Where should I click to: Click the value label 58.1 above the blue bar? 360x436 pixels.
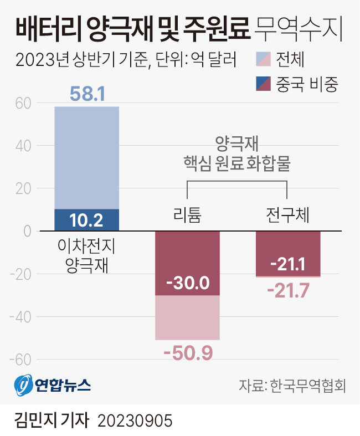point(87,94)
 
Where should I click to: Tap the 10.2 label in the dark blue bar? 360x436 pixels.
point(86,220)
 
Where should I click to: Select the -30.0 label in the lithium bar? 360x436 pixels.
point(187,283)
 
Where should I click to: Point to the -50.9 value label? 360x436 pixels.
point(187,352)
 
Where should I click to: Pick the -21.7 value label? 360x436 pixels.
point(288,289)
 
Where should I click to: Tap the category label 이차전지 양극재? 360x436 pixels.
point(86,254)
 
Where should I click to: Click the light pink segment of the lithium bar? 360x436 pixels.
point(187,317)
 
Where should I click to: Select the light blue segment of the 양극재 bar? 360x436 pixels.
point(86,157)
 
